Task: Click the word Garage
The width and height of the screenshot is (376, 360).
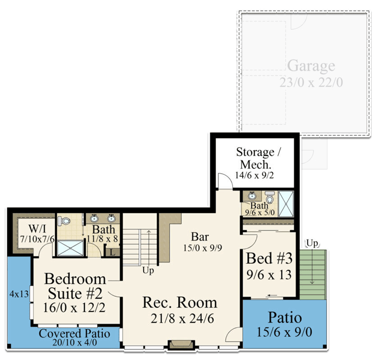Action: (311, 66)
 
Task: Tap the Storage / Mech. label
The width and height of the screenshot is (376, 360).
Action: (255, 158)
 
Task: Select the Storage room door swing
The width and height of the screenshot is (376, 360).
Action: (224, 180)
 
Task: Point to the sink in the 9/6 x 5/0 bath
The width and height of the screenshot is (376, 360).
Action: (252, 196)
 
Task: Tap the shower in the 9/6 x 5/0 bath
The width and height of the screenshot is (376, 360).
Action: (286, 203)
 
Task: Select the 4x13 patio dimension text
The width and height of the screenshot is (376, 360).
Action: (19, 293)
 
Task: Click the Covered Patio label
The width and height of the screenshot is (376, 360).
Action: (74, 333)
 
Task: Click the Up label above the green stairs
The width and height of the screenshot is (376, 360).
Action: (311, 243)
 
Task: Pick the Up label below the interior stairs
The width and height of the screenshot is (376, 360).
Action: (149, 271)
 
